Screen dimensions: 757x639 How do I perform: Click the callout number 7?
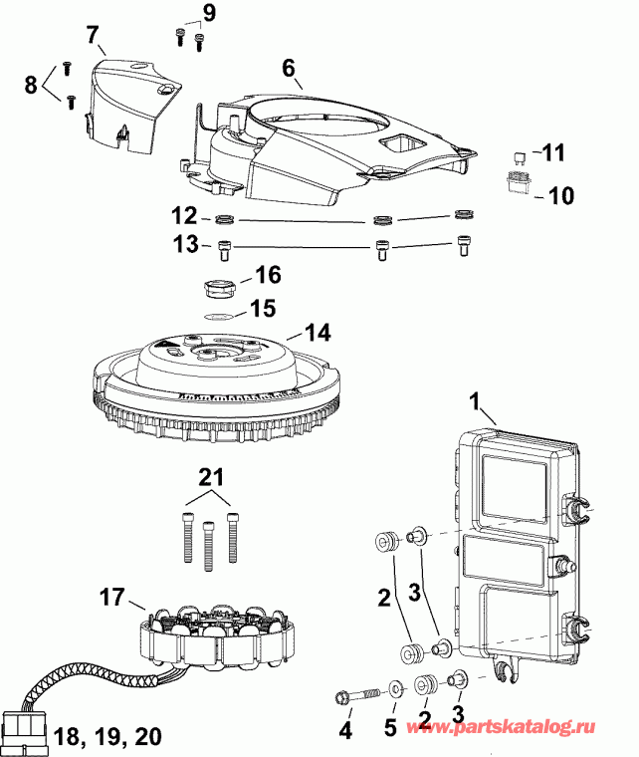click(95, 36)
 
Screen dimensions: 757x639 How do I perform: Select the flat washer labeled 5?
click(396, 688)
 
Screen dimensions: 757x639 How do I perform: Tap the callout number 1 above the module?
click(479, 403)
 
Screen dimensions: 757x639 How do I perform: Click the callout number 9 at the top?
click(208, 13)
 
